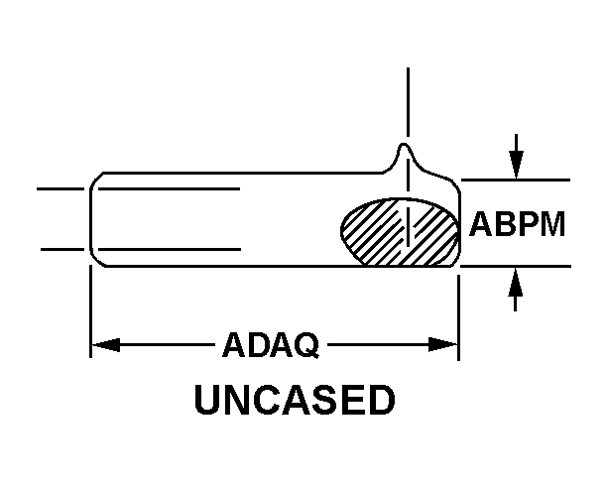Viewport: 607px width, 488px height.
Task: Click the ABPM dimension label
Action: click(x=517, y=224)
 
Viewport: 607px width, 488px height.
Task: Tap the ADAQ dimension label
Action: click(x=271, y=346)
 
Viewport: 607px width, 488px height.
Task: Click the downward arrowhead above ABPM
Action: click(x=515, y=168)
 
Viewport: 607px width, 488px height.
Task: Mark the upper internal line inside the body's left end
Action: click(x=169, y=186)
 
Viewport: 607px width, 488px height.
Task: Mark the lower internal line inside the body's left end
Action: click(x=169, y=248)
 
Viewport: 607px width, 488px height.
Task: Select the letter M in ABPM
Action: click(x=550, y=224)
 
